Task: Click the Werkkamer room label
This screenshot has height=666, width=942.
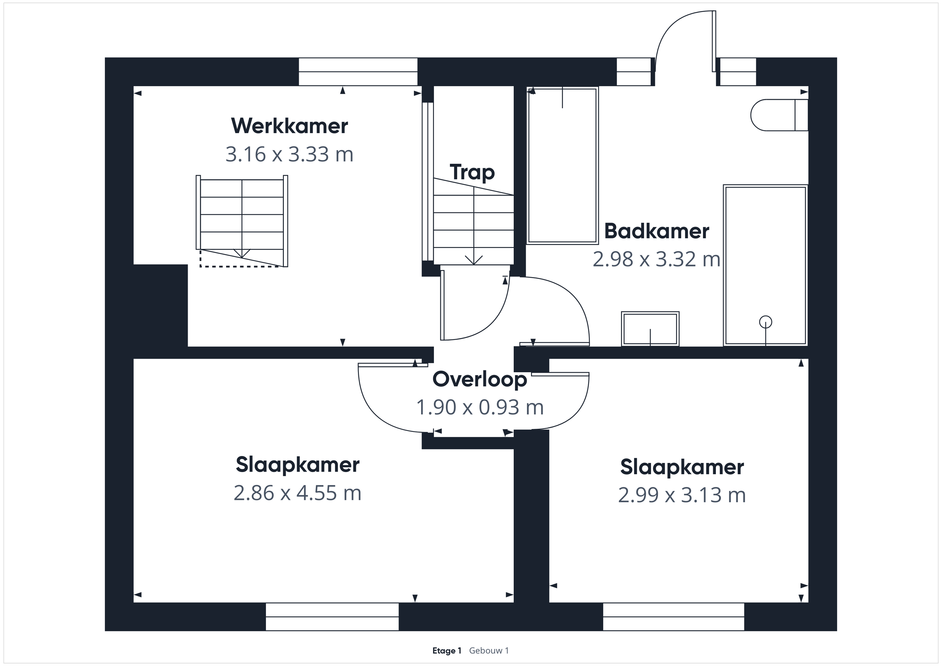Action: click(x=289, y=126)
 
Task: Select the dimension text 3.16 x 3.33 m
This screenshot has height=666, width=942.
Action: click(x=289, y=155)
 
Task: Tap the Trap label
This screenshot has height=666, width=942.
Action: click(x=472, y=172)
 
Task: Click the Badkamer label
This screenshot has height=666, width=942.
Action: click(x=657, y=231)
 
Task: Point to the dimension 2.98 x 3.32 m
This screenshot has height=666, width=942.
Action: click(x=657, y=259)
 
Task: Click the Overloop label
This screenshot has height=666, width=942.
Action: click(x=479, y=379)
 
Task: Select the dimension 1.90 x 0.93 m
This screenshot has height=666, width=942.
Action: click(x=479, y=407)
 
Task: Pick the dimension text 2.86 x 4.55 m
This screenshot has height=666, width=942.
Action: click(x=297, y=493)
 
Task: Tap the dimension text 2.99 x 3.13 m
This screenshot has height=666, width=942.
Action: click(x=681, y=495)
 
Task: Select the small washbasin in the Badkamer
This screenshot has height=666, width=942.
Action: click(x=650, y=329)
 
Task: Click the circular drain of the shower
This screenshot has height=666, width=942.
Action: click(x=766, y=322)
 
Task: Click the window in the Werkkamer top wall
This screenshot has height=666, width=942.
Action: click(x=358, y=72)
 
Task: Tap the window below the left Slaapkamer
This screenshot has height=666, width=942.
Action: click(x=332, y=616)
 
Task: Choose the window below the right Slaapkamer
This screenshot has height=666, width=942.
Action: click(x=673, y=616)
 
